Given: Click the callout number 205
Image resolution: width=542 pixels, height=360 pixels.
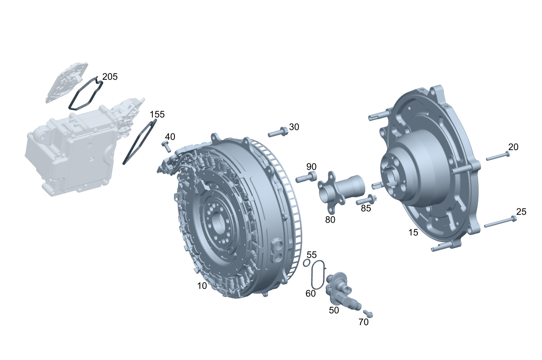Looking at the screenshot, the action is (x=110, y=77).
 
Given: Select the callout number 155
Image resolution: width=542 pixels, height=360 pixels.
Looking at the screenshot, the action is (x=157, y=114).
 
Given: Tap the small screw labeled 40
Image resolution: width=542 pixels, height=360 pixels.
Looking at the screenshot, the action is (x=166, y=146).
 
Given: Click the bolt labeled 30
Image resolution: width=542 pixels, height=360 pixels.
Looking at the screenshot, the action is (x=278, y=132).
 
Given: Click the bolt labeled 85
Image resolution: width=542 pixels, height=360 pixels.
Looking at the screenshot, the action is (x=366, y=199).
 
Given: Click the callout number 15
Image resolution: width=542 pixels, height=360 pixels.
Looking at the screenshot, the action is (x=413, y=233).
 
